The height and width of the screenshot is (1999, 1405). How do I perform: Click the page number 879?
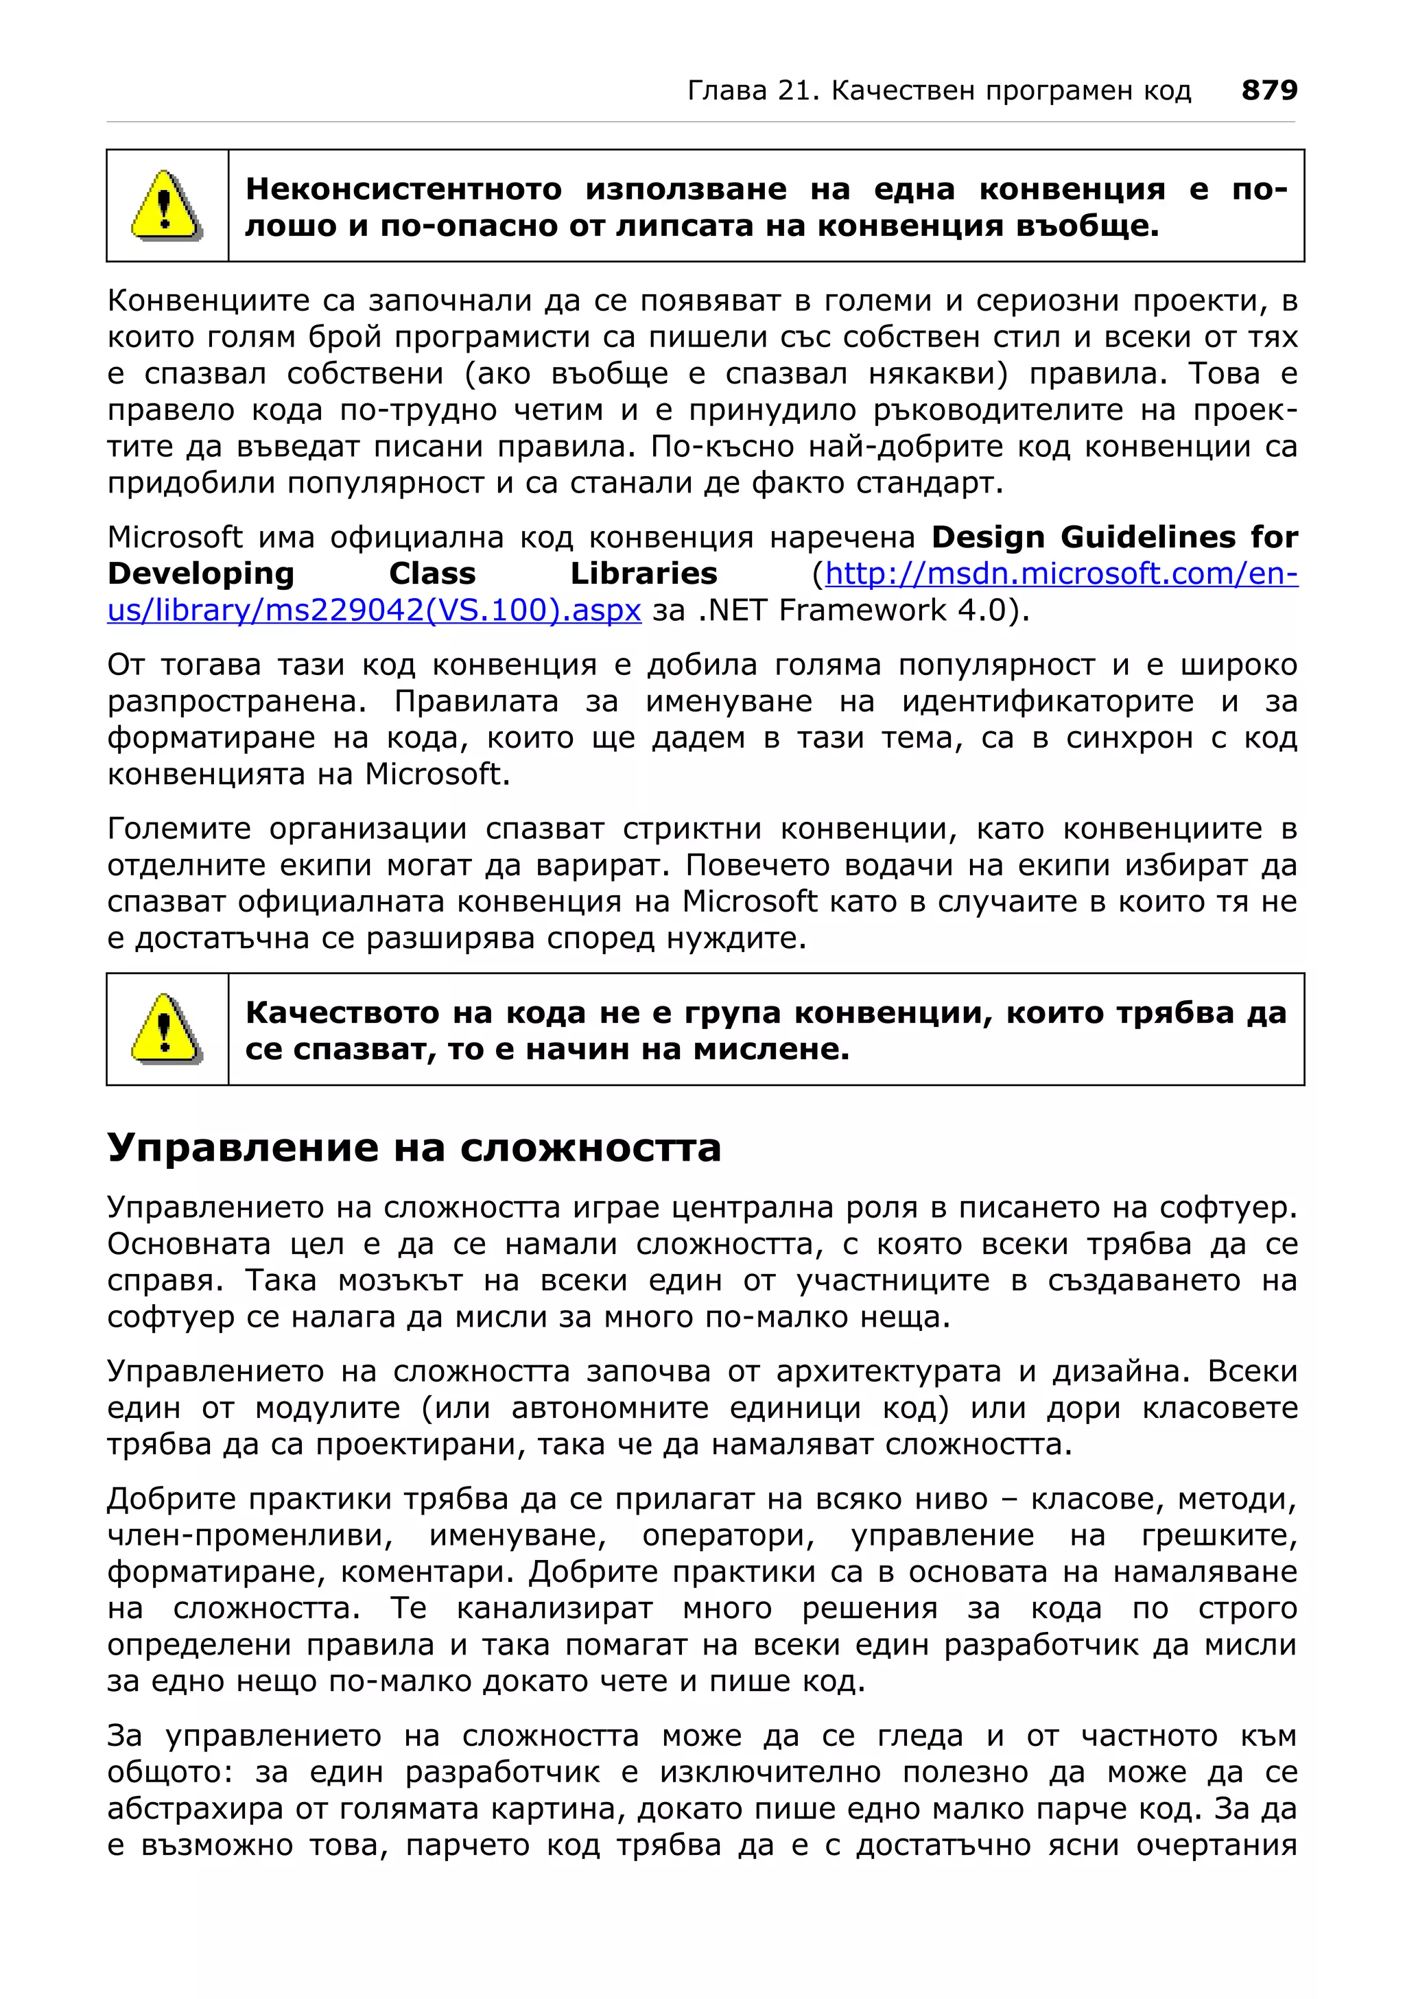(1268, 90)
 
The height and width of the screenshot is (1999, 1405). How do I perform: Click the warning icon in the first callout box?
(166, 206)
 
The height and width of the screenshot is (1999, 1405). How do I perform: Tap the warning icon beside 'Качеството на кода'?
(166, 1029)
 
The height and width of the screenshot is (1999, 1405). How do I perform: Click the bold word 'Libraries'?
(644, 573)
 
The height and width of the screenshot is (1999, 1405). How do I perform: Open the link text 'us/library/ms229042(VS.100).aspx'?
(375, 611)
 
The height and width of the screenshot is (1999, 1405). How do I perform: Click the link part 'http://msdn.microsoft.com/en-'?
(1061, 573)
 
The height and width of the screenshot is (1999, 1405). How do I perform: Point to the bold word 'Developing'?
(200, 573)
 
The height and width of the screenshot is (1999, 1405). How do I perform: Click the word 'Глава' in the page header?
(728, 91)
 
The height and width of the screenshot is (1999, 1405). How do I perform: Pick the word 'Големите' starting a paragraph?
(178, 829)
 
